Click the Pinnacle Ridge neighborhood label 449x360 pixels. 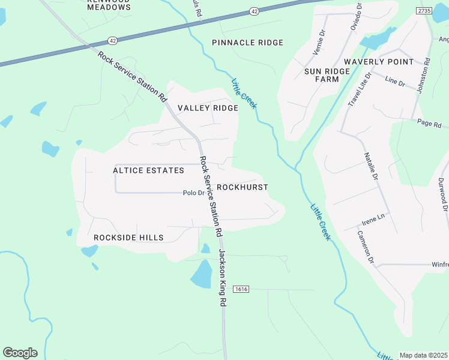point(247,43)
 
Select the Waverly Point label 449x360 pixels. point(379,62)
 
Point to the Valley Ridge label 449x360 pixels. point(208,108)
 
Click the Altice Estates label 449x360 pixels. point(148,170)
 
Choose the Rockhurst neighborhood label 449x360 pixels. point(242,187)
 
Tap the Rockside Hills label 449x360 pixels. point(128,238)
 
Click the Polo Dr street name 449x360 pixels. point(194,193)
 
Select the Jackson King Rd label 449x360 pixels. point(221,278)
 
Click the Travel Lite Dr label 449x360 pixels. point(360,89)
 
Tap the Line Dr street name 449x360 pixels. point(395,80)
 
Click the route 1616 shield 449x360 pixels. point(241,289)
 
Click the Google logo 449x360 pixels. point(20,353)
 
